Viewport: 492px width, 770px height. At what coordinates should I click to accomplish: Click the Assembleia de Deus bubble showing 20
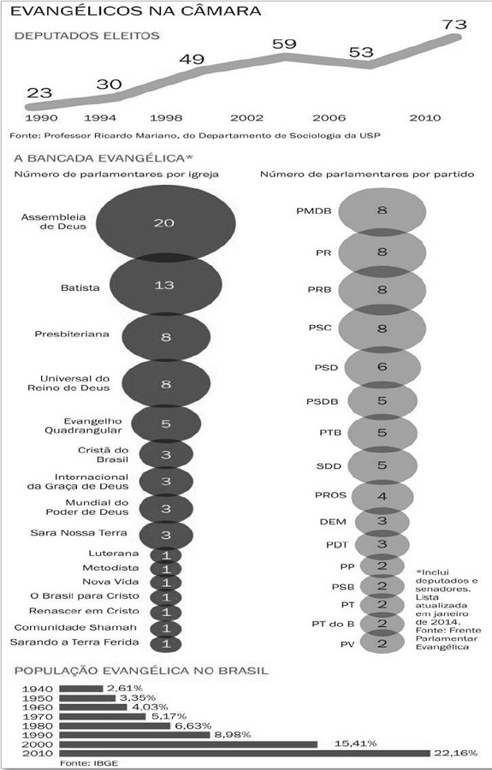[x=165, y=223]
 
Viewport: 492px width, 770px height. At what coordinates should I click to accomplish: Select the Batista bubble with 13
[x=165, y=285]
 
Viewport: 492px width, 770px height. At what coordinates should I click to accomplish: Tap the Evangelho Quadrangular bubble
[x=166, y=423]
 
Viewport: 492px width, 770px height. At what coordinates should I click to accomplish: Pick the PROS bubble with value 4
[x=382, y=496]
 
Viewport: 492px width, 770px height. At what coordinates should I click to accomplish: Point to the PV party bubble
[x=382, y=643]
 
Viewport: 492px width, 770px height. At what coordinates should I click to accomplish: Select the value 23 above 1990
[x=39, y=92]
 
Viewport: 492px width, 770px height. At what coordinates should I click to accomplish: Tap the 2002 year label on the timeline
[x=246, y=116]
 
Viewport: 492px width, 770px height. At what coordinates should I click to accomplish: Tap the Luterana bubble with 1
[x=166, y=554]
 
